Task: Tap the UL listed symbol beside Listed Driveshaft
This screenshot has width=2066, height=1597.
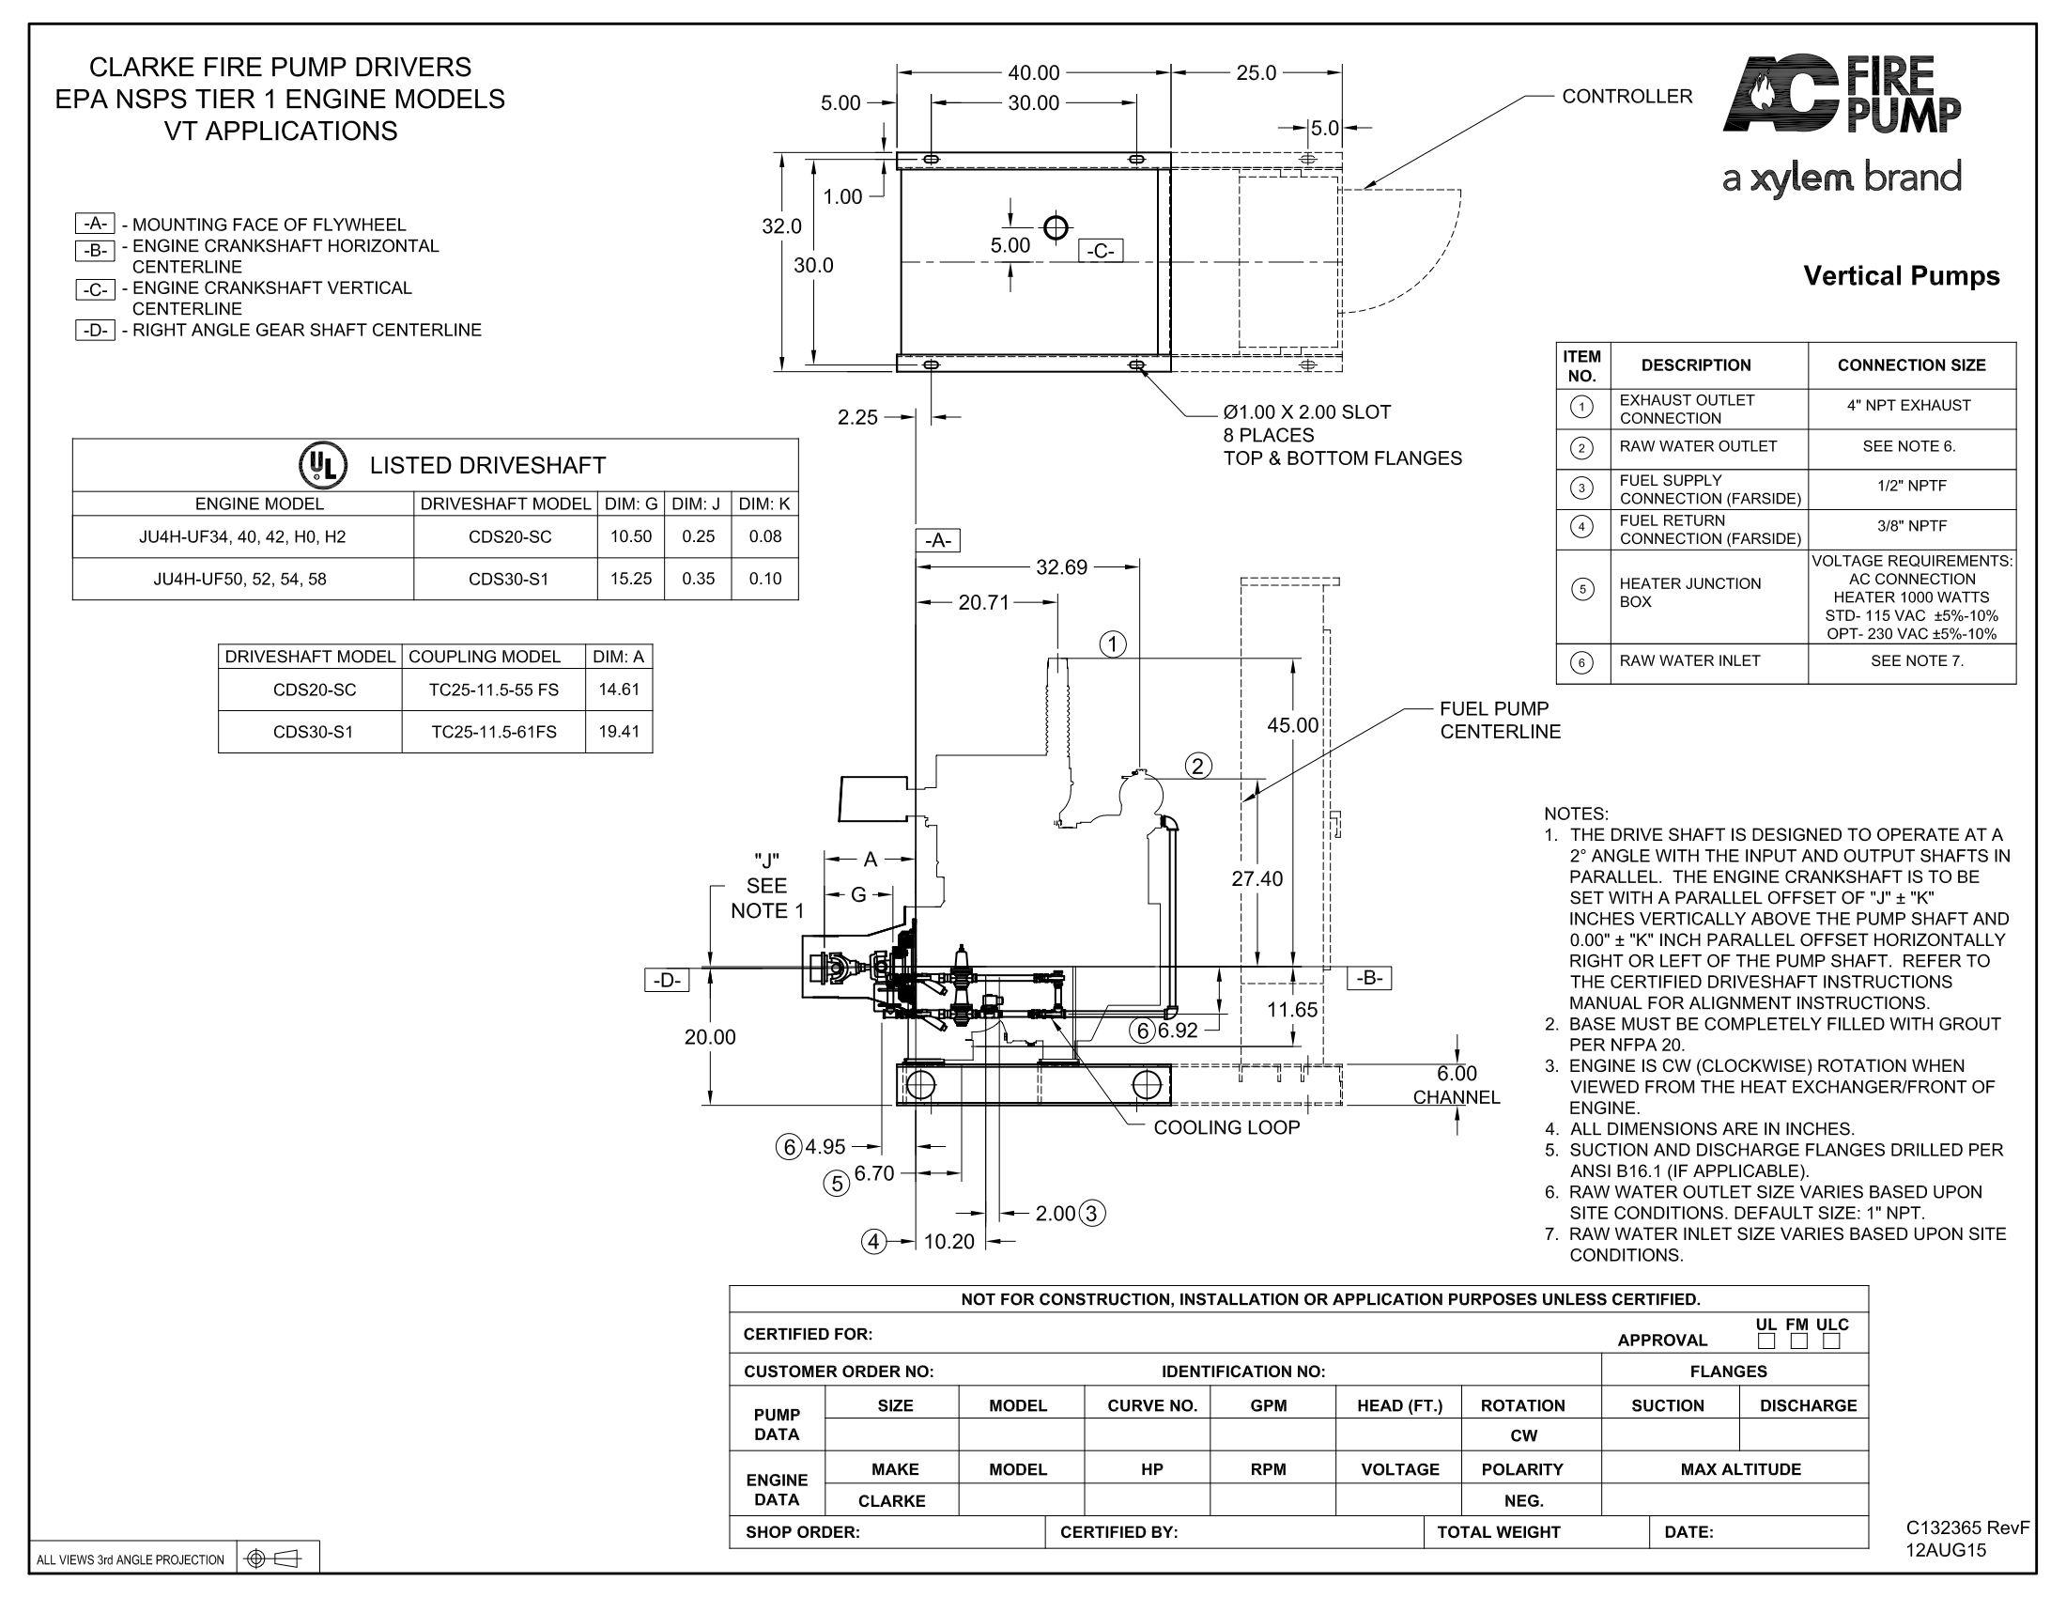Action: [322, 465]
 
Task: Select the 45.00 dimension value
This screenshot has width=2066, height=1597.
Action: [1292, 724]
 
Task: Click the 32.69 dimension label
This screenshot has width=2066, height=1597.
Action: [1061, 567]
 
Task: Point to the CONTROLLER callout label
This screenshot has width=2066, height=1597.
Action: [1627, 97]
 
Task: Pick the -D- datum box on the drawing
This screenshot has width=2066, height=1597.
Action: [667, 980]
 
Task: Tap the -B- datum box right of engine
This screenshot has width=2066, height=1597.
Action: [1369, 978]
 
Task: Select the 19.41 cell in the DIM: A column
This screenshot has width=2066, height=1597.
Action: [619, 731]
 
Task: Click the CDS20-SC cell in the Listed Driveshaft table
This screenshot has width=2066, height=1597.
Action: [510, 536]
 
